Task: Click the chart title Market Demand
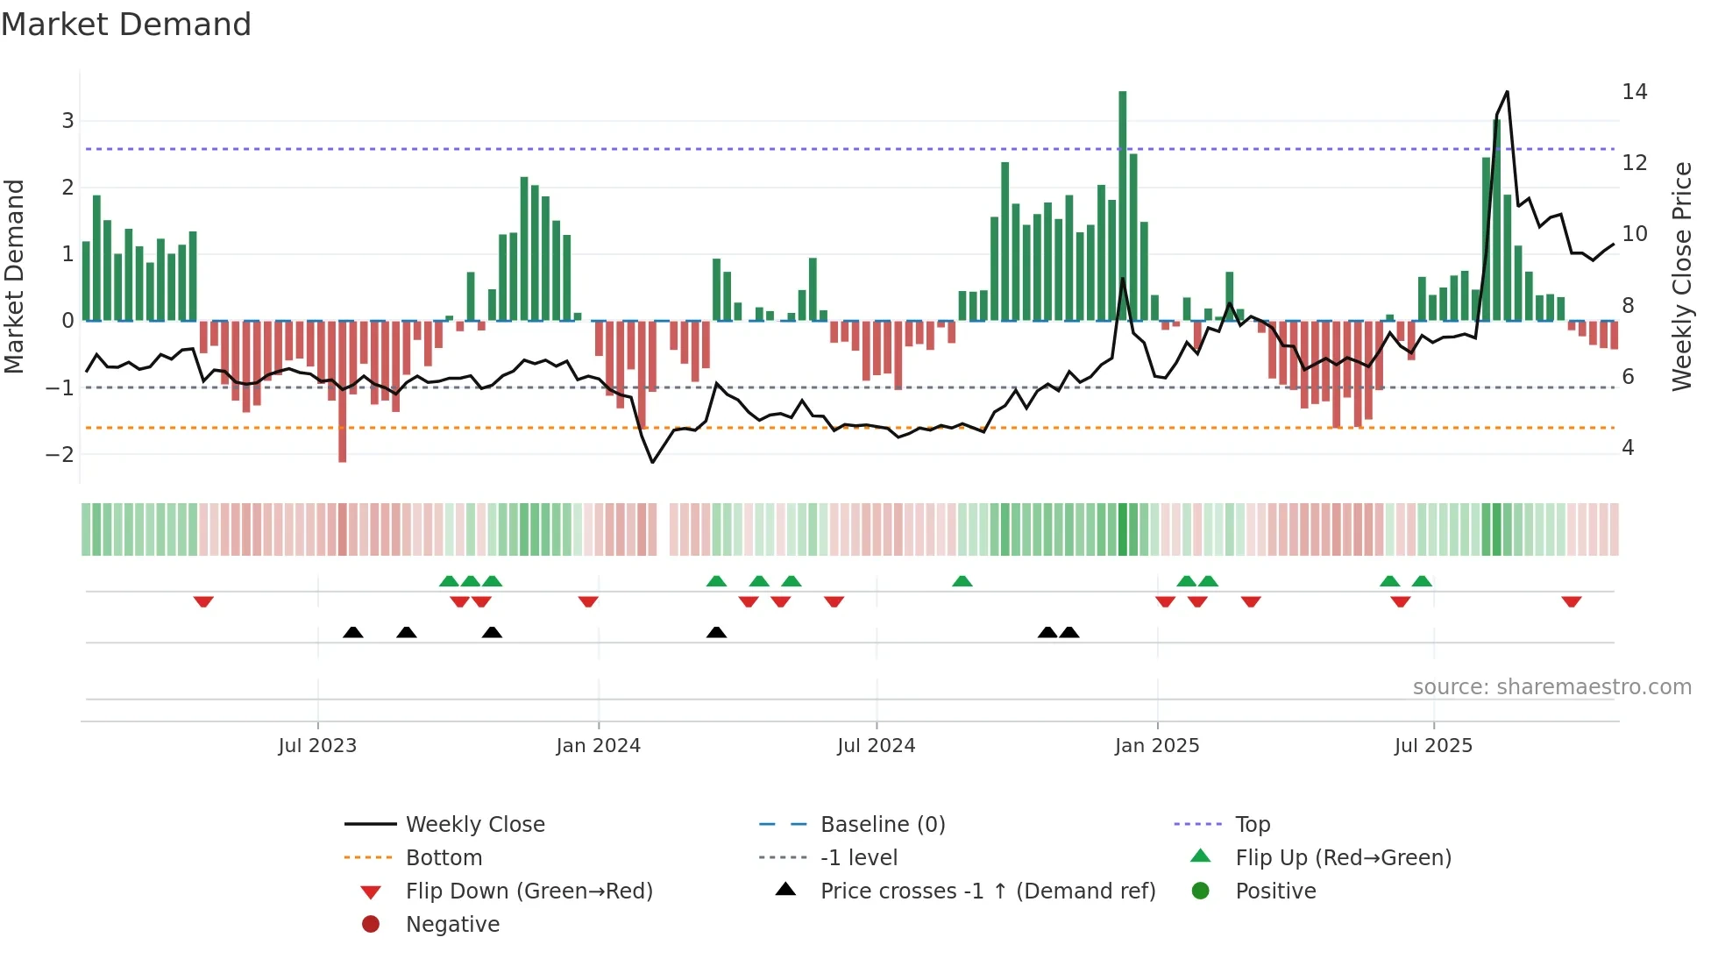pos(126,25)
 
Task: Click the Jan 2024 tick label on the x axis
pos(598,746)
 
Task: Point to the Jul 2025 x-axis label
pos(1433,746)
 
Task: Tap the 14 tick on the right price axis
pos(1634,92)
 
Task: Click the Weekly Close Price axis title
pos(1681,276)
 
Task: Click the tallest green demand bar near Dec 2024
pos(1122,206)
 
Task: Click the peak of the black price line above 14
pos(1507,92)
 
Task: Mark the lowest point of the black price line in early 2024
pos(652,462)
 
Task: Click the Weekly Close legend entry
pos(474,825)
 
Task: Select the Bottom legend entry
pos(444,858)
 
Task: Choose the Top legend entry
pos(1253,825)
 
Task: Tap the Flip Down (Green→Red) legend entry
pos(529,891)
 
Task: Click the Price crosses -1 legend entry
pos(987,891)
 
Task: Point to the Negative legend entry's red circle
pos(371,925)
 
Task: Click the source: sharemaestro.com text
pos(1551,687)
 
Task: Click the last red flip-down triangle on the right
pos(1571,602)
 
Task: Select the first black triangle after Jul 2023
pos(352,633)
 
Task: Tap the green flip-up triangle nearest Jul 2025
pos(1422,581)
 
